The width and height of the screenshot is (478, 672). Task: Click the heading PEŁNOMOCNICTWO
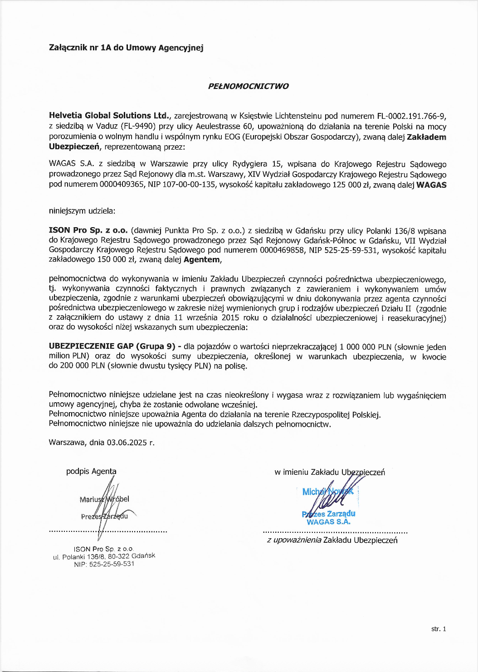(248, 86)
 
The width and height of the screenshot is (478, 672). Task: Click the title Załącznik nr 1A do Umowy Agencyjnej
(126, 48)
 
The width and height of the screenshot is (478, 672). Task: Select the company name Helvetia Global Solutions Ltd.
(109, 116)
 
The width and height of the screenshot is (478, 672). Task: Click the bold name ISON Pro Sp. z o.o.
(88, 230)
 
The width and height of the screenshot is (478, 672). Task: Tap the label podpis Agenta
(91, 472)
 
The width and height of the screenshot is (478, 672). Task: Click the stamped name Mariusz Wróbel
(104, 499)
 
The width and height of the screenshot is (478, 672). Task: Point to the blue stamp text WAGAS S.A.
(328, 522)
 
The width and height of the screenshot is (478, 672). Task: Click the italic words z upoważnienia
(294, 540)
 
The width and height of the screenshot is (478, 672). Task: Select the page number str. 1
(439, 629)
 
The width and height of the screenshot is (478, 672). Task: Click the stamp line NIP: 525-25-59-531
(104, 564)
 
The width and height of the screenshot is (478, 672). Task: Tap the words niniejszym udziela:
(82, 211)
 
